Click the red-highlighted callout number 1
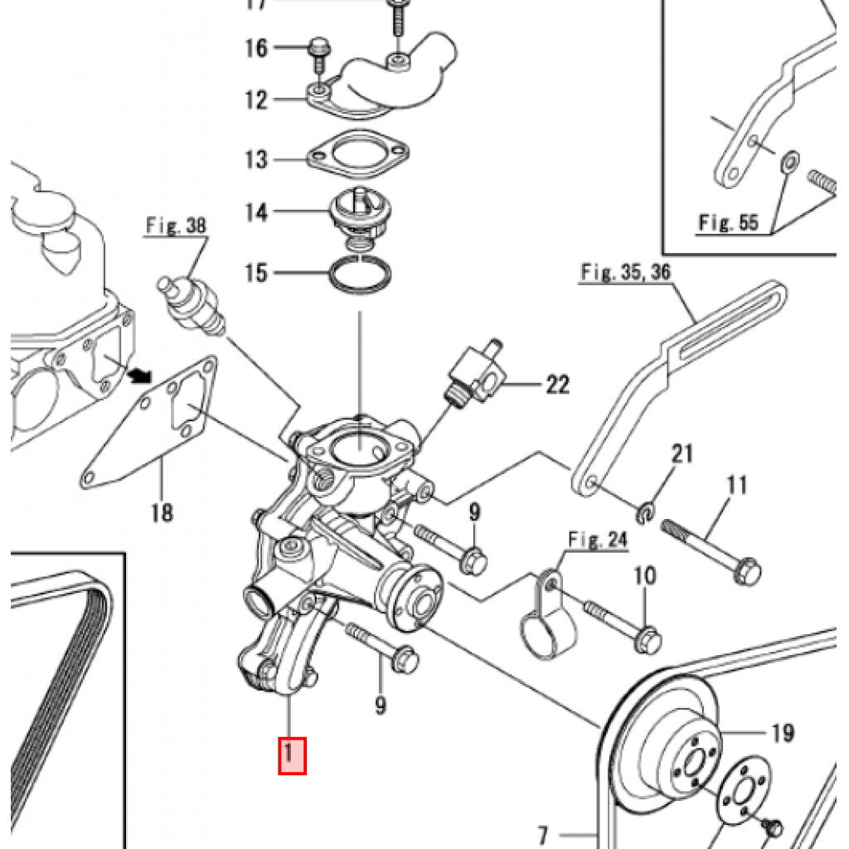pos(292,754)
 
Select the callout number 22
pos(557,384)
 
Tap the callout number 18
pos(163,513)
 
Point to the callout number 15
pos(256,272)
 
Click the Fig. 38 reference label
pos(177,226)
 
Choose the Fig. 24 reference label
pos(597,539)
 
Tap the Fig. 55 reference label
pos(727,222)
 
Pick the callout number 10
pos(644,575)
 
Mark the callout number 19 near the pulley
pos(782,733)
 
